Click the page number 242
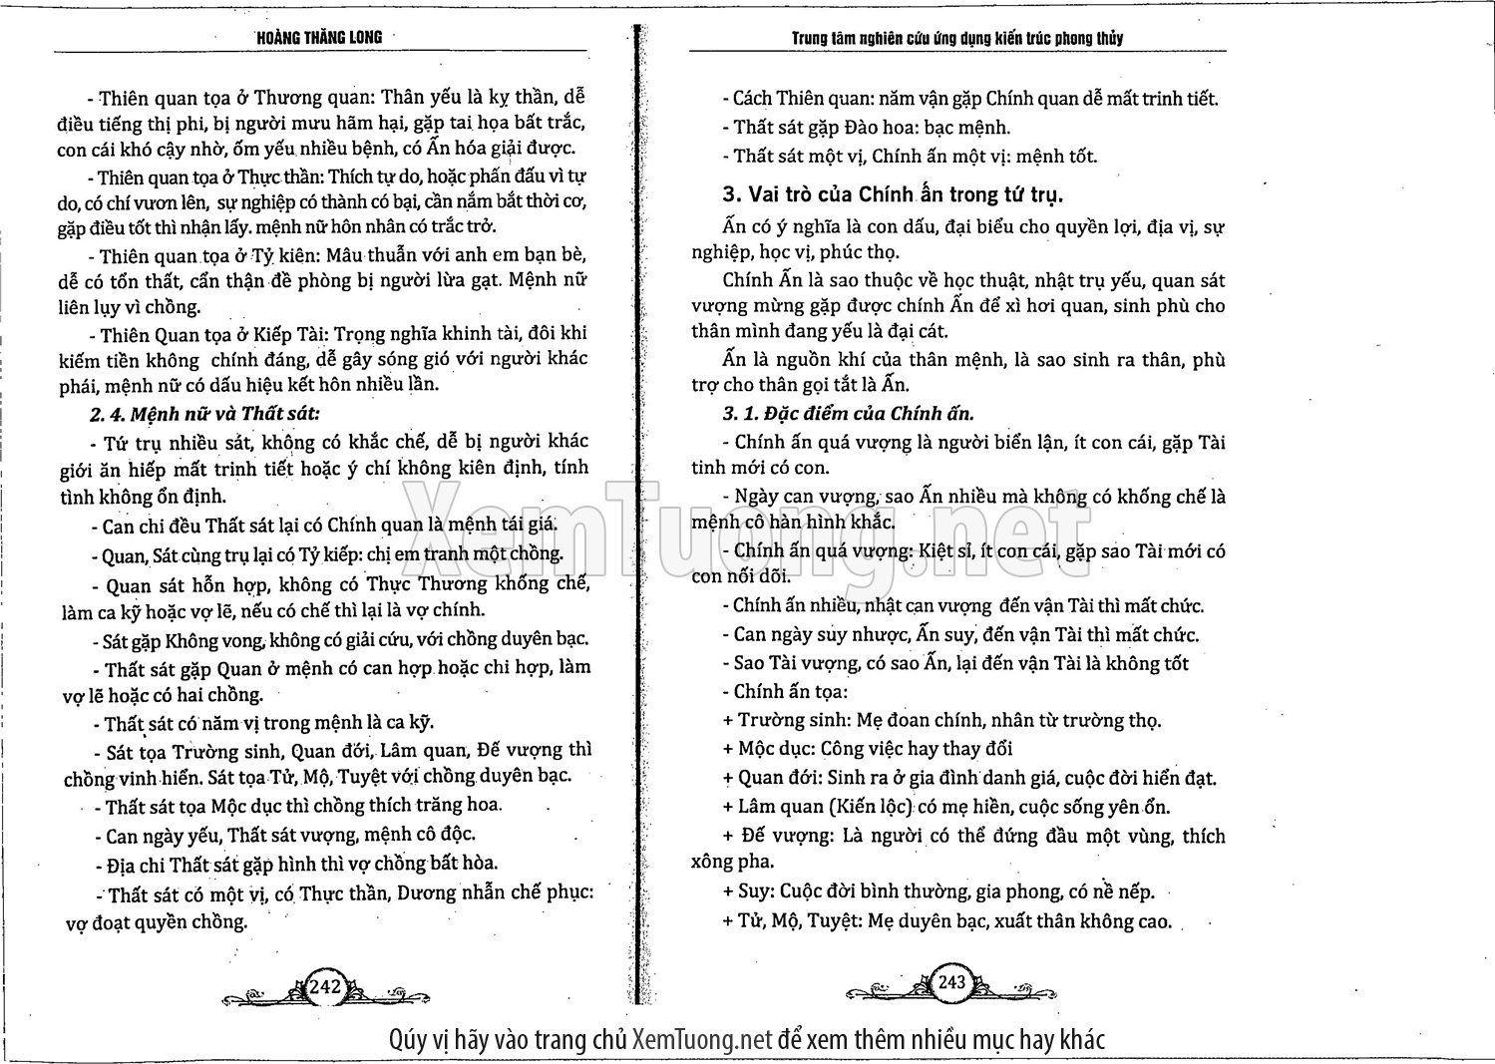click(325, 986)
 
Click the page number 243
click(951, 981)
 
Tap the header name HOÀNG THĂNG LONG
click(319, 38)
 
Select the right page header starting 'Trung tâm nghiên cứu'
click(956, 39)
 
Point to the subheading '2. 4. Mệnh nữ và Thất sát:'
click(205, 413)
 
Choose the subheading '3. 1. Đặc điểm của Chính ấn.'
click(848, 413)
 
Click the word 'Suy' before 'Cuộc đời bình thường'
click(754, 891)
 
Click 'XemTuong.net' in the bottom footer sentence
click(702, 1040)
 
